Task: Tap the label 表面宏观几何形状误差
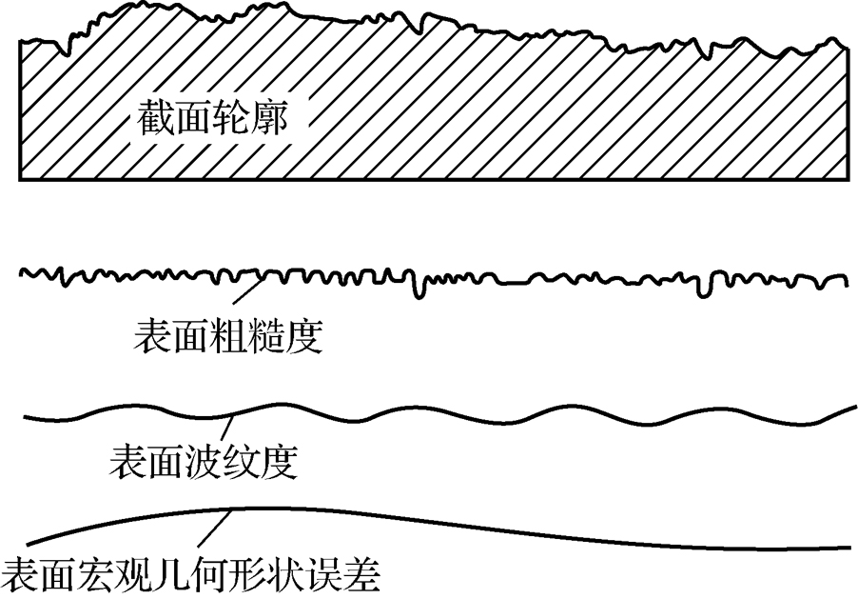pyautogui.click(x=191, y=575)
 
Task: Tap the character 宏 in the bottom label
pyautogui.click(x=95, y=575)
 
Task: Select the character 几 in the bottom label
pyautogui.click(x=172, y=575)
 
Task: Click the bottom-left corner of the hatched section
pyautogui.click(x=21, y=178)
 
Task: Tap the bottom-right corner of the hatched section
pyautogui.click(x=848, y=178)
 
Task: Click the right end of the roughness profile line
pyautogui.click(x=847, y=283)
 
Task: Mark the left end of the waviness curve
pyautogui.click(x=23, y=418)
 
